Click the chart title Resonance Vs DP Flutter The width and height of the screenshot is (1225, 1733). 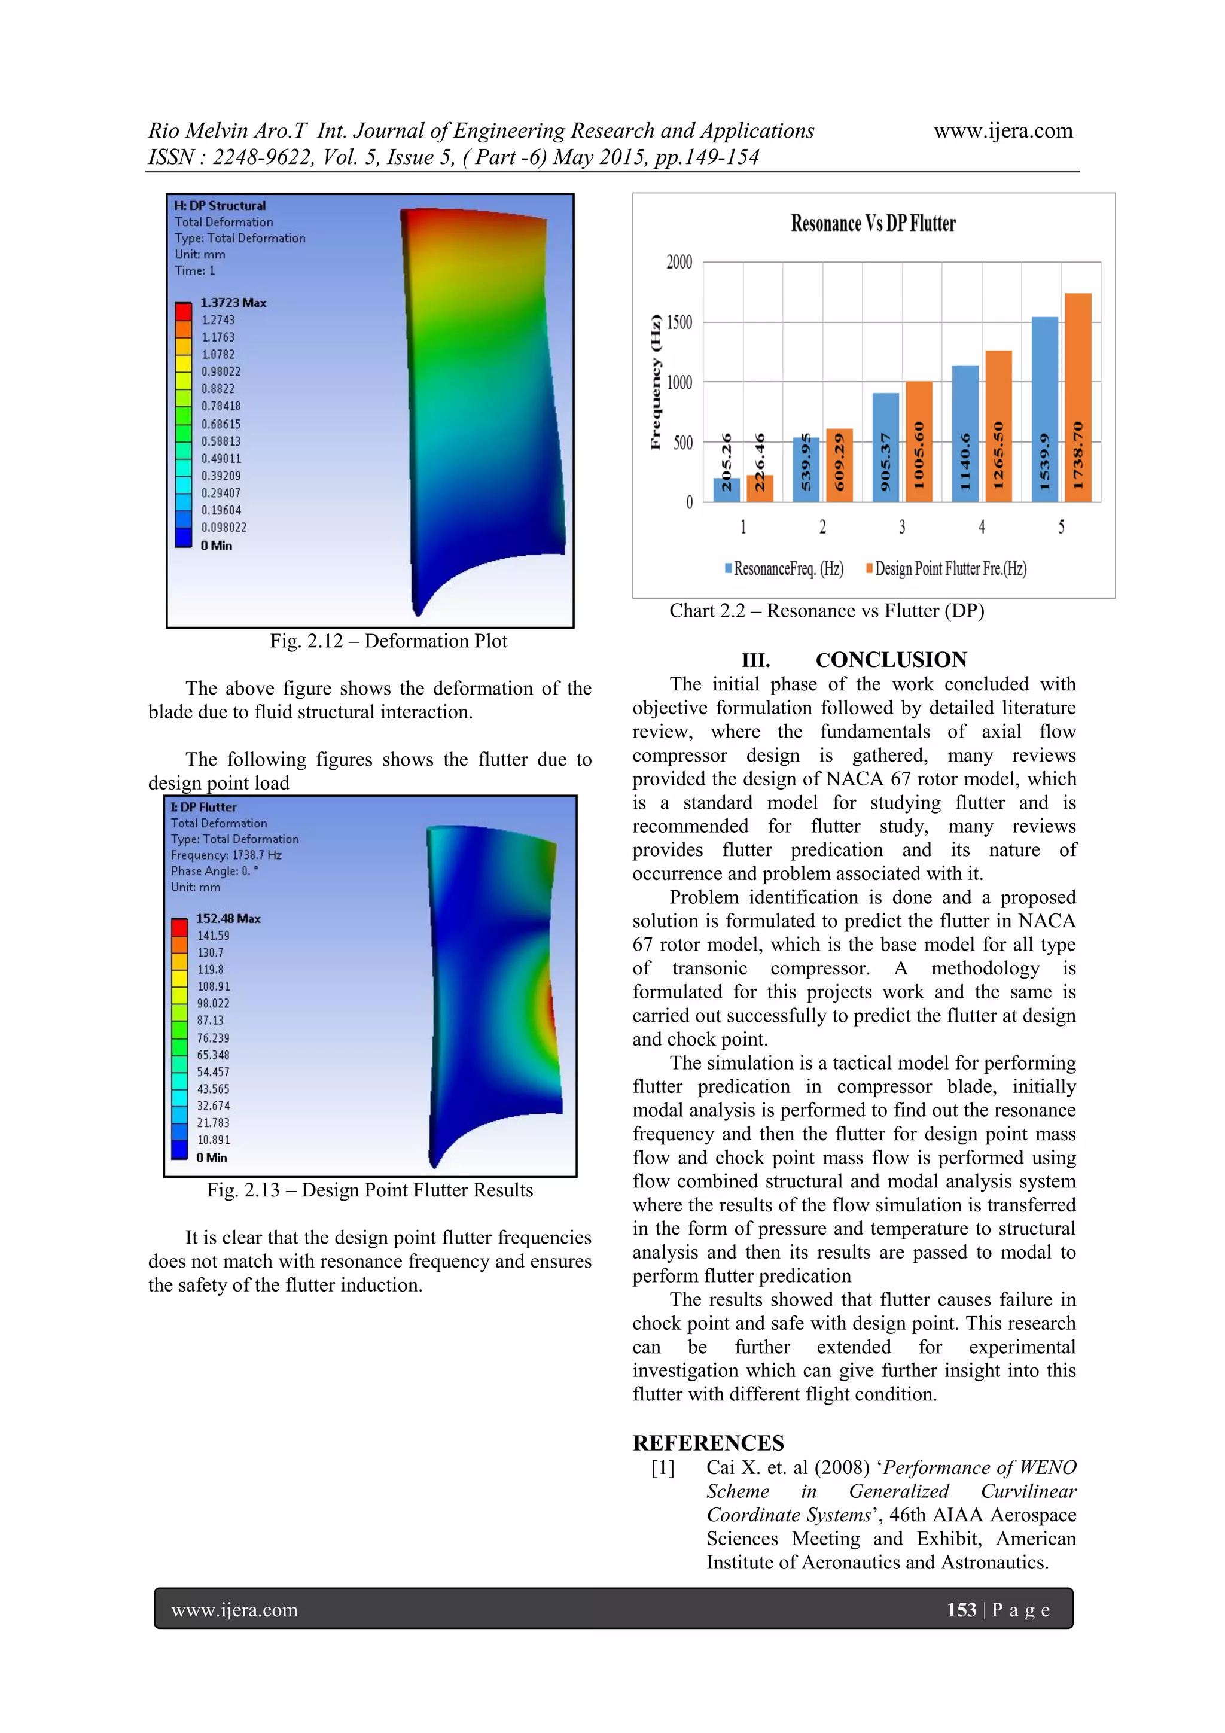tap(873, 223)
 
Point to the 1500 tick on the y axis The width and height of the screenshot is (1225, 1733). tap(678, 322)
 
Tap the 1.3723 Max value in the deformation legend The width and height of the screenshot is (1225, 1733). tap(233, 303)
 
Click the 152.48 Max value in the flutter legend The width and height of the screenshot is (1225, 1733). tap(228, 919)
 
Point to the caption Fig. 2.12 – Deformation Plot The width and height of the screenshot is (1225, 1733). tap(389, 641)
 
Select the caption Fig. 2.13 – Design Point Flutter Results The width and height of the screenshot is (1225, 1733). tap(370, 1190)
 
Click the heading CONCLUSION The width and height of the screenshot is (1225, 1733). tap(891, 660)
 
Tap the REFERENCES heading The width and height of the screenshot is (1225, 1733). tap(708, 1443)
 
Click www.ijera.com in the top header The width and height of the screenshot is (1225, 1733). tap(1002, 130)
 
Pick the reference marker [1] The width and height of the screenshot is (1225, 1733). tap(663, 1467)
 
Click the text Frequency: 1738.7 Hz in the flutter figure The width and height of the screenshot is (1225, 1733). tap(226, 855)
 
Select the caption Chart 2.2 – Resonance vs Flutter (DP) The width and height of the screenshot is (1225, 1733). tap(827, 611)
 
